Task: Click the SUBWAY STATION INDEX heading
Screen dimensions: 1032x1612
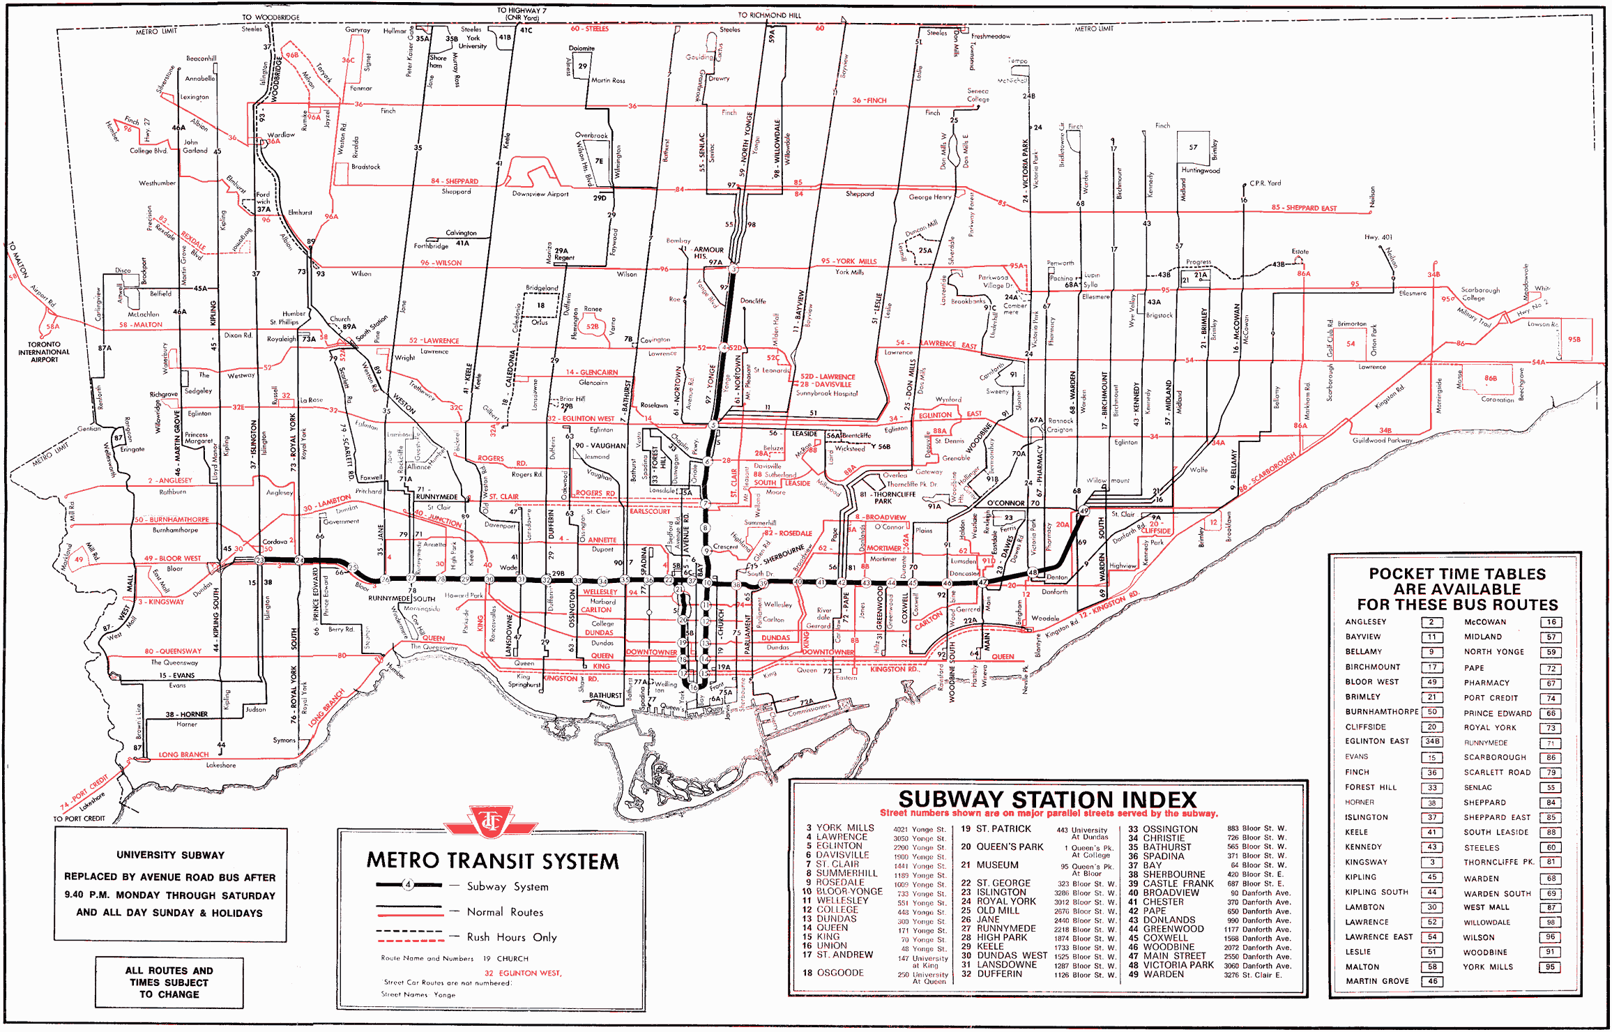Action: [x=1047, y=799]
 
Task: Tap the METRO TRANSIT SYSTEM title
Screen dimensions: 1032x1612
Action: [x=492, y=861]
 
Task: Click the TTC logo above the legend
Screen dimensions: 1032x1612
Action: [x=491, y=823]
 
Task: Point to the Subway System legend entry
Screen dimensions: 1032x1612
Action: [x=507, y=887]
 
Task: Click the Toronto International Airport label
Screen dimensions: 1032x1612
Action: [x=44, y=352]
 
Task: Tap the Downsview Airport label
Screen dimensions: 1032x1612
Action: [x=540, y=194]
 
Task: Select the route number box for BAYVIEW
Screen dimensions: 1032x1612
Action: [x=1431, y=637]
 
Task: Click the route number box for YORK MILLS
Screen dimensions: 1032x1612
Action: [x=1551, y=967]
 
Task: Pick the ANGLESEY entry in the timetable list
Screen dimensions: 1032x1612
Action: [x=1366, y=622]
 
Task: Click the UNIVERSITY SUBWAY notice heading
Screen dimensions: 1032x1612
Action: [x=170, y=855]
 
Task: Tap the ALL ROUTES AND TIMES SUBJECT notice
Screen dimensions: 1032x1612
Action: [x=169, y=982]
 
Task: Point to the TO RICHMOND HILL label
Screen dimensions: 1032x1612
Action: [x=769, y=15]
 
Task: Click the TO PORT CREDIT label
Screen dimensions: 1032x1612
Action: [x=79, y=819]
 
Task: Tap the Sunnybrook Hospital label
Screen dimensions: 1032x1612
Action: [x=827, y=393]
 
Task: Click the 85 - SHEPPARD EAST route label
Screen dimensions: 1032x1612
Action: [x=1304, y=208]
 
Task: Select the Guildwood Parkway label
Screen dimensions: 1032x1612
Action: [x=1382, y=440]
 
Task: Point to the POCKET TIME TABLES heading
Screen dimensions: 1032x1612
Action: [x=1457, y=574]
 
